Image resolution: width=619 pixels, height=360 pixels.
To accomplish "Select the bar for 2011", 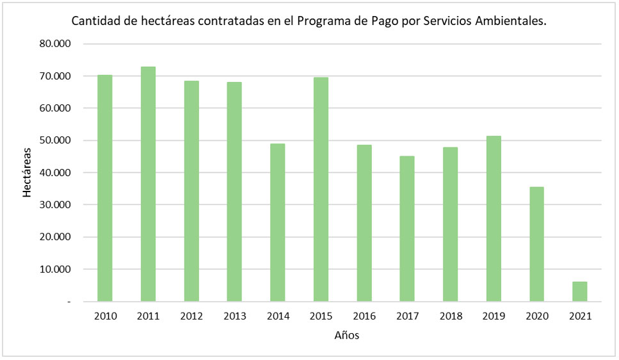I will pyautogui.click(x=148, y=184).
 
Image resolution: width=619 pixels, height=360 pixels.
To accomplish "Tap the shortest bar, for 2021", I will pyautogui.click(x=579, y=291).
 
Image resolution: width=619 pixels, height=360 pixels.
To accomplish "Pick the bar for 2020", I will pyautogui.click(x=536, y=244).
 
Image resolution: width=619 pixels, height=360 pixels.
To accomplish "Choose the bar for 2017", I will pyautogui.click(x=407, y=229).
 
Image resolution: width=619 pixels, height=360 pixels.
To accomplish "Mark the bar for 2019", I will pyautogui.click(x=494, y=218).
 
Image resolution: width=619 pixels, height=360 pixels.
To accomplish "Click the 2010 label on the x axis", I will pyautogui.click(x=105, y=316).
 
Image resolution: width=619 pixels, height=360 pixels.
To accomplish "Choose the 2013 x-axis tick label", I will pyautogui.click(x=234, y=316).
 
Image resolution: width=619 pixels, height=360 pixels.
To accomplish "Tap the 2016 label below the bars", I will pyautogui.click(x=364, y=316).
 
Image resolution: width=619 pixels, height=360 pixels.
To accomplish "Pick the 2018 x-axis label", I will pyautogui.click(x=450, y=316).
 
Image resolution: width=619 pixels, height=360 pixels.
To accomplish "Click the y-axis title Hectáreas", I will pyautogui.click(x=27, y=172).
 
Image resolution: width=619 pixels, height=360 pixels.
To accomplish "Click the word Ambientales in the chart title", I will pyautogui.click(x=512, y=21).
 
